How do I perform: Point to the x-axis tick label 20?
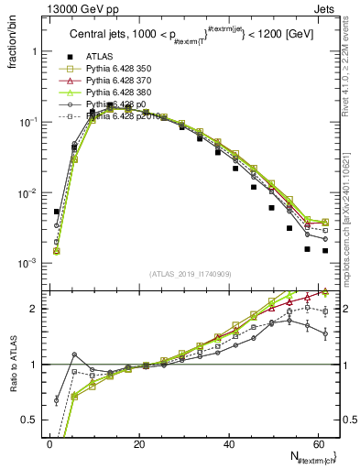tap(138, 443)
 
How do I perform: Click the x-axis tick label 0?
tap(49, 443)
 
